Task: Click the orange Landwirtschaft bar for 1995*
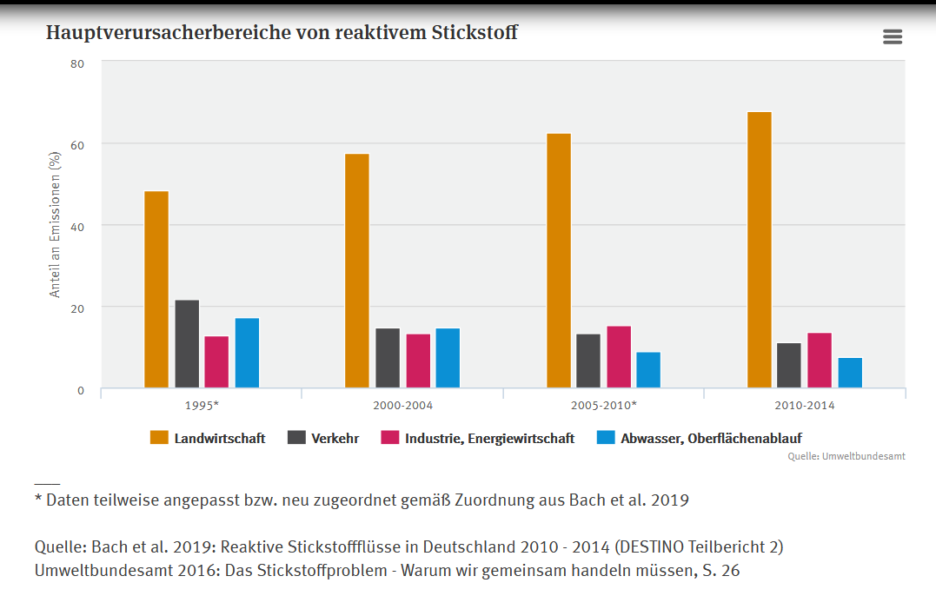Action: [x=156, y=289]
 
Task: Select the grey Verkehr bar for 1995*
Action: [x=187, y=344]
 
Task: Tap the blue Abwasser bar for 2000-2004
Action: [x=448, y=358]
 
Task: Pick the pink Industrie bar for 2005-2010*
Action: [x=619, y=357]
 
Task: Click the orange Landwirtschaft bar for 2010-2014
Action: [x=759, y=250]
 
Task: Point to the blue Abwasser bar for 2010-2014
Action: [x=850, y=373]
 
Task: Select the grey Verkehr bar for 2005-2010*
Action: [x=588, y=361]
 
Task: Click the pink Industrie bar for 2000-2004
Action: [x=418, y=361]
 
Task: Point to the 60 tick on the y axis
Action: [x=78, y=144]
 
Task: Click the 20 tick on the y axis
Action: [x=78, y=308]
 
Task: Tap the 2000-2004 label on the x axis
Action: [x=402, y=406]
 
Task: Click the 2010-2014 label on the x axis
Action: [x=805, y=406]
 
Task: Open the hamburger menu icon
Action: [x=892, y=36]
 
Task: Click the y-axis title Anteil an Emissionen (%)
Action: [x=55, y=225]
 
